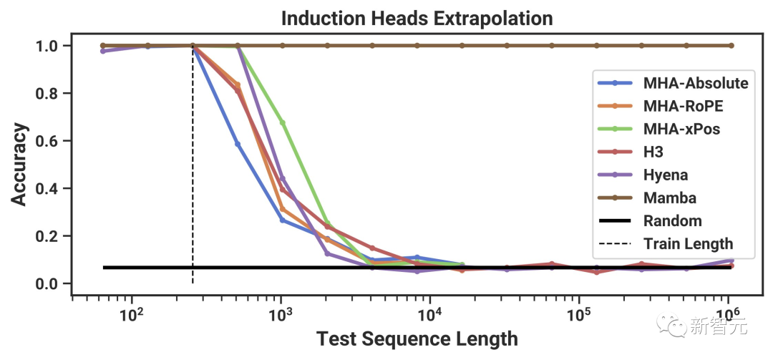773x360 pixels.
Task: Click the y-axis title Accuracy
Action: click(21, 165)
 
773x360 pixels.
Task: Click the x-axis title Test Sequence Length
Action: click(417, 338)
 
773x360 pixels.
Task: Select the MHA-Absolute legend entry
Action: click(695, 83)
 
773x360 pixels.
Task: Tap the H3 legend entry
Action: click(653, 152)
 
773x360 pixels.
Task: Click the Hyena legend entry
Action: click(665, 175)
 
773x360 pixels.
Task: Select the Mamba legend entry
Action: click(669, 198)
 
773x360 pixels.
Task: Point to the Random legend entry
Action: click(672, 220)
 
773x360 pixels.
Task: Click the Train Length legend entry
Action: click(688, 244)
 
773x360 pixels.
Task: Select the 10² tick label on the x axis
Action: click(130, 313)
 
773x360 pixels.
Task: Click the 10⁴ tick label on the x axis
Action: click(429, 313)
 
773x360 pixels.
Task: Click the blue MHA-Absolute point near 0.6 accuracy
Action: click(237, 144)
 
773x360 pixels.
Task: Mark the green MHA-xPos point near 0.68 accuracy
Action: click(282, 122)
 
